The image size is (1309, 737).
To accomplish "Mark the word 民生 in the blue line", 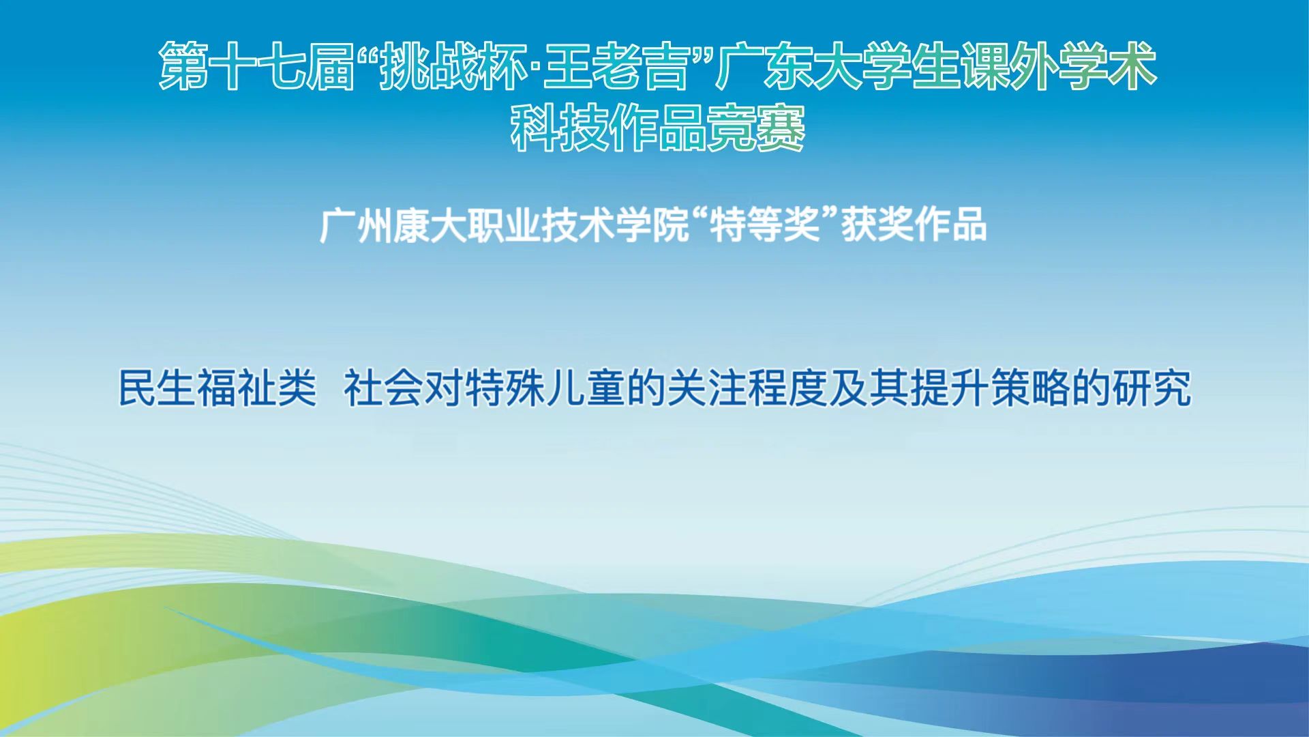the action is click(157, 388).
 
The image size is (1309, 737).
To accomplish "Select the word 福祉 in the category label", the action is click(237, 388).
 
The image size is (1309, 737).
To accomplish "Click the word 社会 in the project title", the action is click(384, 388).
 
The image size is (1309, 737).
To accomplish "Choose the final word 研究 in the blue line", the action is click(1152, 388).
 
